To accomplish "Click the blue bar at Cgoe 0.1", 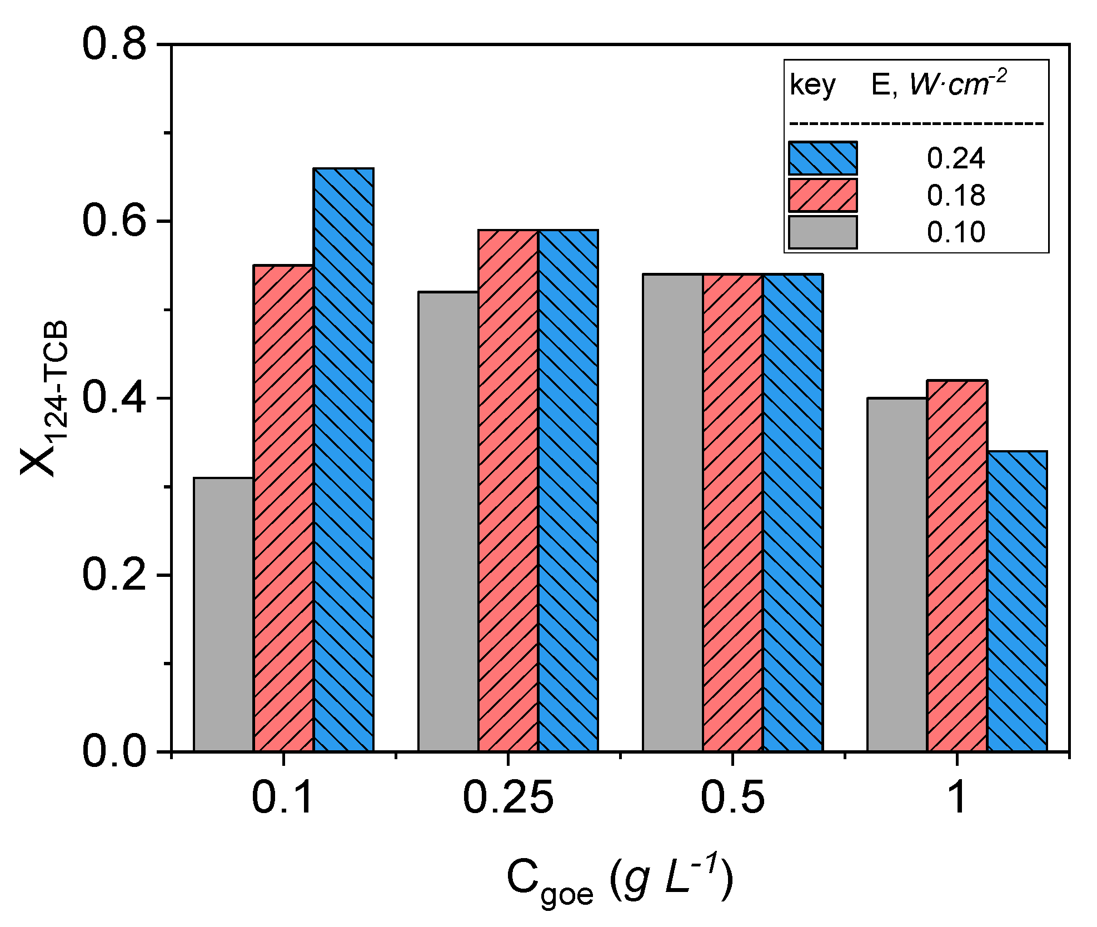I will pos(343,460).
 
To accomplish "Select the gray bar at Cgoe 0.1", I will pos(223,614).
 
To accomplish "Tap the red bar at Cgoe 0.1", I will pos(283,508).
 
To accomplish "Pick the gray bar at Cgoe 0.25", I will pos(448,521).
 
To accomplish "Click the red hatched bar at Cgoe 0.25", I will pos(508,490).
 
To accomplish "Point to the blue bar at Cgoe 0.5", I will pos(792,512).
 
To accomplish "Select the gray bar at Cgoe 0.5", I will pos(672,512).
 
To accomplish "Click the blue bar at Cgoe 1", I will pos(1017,601).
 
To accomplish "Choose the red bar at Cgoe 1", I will pos(957,566).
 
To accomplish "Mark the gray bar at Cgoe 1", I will pos(897,575).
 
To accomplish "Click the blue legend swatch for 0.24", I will pos(822,158).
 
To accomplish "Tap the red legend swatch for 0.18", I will pos(822,195).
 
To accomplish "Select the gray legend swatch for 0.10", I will pos(822,232).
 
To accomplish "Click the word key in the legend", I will pos(812,86).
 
